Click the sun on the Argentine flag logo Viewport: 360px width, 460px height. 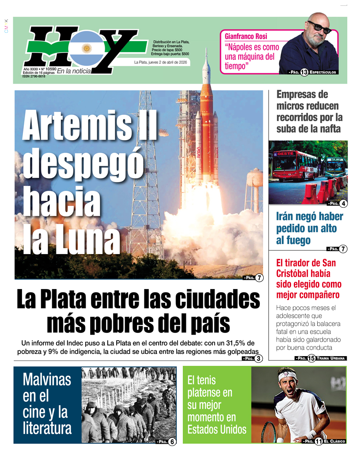[x=87, y=48]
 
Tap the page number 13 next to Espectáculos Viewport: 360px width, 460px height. [x=304, y=72]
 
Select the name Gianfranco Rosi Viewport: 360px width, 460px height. [x=246, y=36]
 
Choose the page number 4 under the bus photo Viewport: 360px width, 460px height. [x=343, y=204]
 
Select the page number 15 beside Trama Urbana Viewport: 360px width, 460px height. [x=311, y=358]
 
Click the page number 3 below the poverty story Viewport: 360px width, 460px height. [x=259, y=359]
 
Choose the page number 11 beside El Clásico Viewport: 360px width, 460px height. [x=318, y=441]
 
